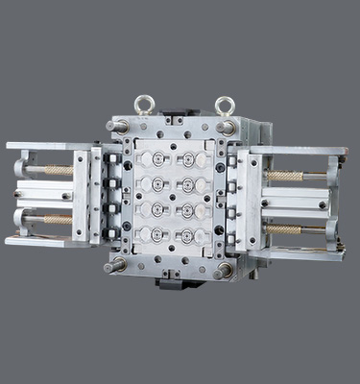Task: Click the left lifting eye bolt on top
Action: click(x=144, y=103)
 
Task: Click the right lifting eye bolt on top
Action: click(x=225, y=103)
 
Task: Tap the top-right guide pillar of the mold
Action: click(x=227, y=126)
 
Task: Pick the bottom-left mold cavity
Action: click(x=149, y=233)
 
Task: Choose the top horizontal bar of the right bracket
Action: click(x=298, y=151)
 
